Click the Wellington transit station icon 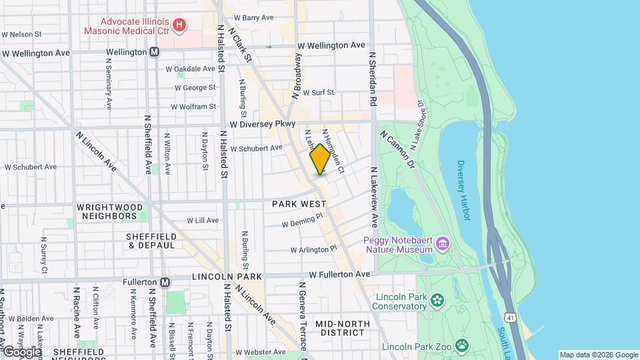point(155,52)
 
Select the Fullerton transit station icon point(165,281)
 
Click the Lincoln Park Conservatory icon point(437,301)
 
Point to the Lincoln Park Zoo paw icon point(461,345)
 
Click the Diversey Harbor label point(464,193)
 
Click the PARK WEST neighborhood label point(299,203)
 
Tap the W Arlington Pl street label point(313,250)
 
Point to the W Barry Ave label point(254,17)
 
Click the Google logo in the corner point(22,351)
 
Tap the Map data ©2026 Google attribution point(598,355)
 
